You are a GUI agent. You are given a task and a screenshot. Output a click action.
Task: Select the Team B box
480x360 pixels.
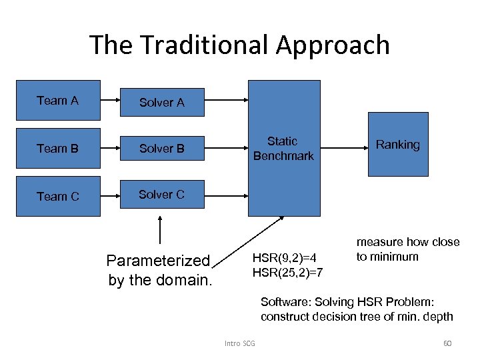58,149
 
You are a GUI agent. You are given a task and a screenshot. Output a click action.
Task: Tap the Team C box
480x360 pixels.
58,196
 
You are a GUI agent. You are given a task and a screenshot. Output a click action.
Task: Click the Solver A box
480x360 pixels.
162,103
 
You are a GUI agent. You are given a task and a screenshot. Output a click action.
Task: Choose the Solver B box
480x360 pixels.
162,149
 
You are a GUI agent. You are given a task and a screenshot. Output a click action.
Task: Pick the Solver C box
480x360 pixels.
162,195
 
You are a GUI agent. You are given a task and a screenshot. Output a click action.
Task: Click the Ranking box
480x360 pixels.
398,145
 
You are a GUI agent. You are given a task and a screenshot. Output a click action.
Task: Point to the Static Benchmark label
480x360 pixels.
283,149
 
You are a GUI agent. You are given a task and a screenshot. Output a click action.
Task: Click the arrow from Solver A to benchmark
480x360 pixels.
226,101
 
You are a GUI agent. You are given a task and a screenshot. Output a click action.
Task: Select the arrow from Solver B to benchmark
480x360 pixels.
226,148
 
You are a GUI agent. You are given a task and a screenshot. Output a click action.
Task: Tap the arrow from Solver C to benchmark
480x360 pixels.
226,196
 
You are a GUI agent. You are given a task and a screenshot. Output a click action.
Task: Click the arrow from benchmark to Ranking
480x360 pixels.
343,148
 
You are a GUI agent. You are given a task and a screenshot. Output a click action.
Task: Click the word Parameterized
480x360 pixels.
158,261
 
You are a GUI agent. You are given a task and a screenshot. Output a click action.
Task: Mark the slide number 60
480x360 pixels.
447,343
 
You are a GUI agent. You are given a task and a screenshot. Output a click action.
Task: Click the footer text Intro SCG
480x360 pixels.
240,343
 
